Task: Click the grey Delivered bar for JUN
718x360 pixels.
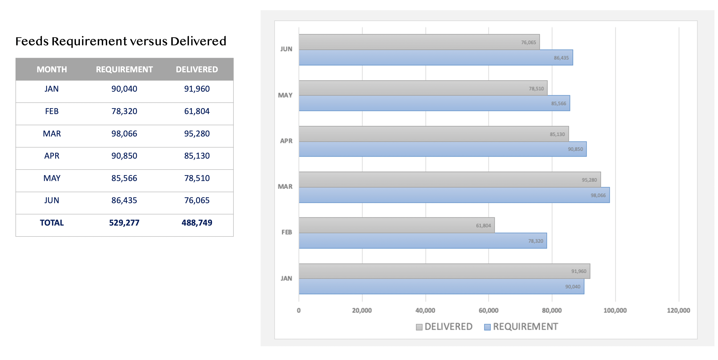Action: (x=418, y=42)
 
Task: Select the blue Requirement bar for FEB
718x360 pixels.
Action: (x=418, y=241)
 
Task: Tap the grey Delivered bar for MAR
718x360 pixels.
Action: (x=446, y=179)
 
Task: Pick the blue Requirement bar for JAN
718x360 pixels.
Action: (x=440, y=286)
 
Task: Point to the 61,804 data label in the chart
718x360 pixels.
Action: (x=483, y=226)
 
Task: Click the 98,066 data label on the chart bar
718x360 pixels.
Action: (x=598, y=196)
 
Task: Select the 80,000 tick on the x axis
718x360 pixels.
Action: (x=552, y=310)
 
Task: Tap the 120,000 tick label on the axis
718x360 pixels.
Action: (x=678, y=310)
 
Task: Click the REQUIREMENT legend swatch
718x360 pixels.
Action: (x=487, y=327)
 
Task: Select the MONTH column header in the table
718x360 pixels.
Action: (x=52, y=70)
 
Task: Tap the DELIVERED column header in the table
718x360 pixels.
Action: (x=197, y=70)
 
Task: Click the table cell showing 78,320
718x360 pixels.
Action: (x=124, y=111)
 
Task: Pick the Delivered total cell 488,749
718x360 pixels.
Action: (x=197, y=223)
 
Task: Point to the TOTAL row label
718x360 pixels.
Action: (x=52, y=223)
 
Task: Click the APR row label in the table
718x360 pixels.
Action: (x=52, y=156)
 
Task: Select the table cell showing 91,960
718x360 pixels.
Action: (x=197, y=89)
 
